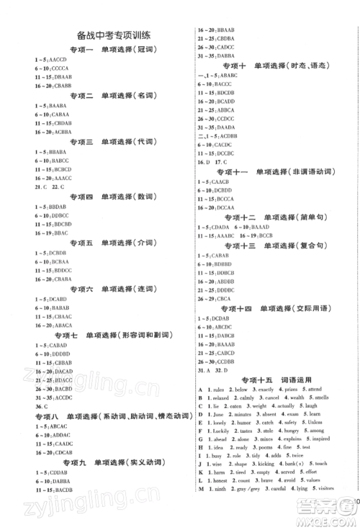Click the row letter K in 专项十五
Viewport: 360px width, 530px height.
[199, 472]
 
